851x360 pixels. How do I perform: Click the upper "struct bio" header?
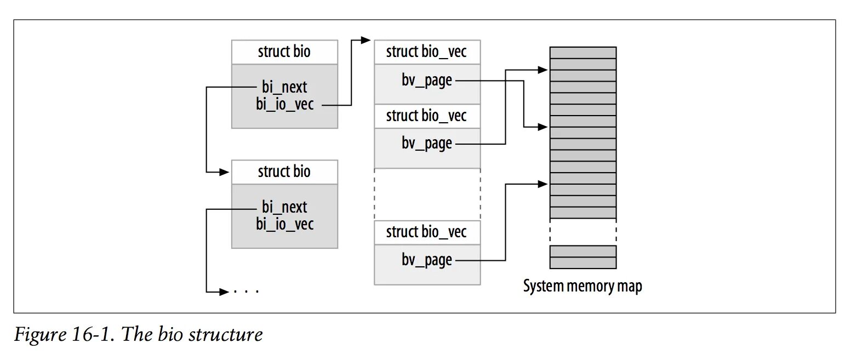pyautogui.click(x=284, y=52)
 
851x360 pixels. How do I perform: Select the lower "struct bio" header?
pyautogui.click(x=284, y=172)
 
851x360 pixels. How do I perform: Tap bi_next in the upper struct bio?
pyautogui.click(x=284, y=87)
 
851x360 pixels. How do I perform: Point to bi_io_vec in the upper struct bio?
pyautogui.click(x=285, y=104)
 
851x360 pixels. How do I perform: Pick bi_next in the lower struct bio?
pyautogui.click(x=284, y=207)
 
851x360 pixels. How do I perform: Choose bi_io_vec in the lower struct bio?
pyautogui.click(x=285, y=224)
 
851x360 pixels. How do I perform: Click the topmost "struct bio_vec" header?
pyautogui.click(x=427, y=52)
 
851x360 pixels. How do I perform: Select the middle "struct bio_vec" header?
pyautogui.click(x=427, y=116)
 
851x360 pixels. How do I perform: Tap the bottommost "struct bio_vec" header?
pyautogui.click(x=427, y=232)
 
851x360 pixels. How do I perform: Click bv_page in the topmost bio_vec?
pyautogui.click(x=427, y=81)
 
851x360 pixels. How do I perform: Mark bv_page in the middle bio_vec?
pyautogui.click(x=427, y=144)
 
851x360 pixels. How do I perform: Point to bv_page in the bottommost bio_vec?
pyautogui.click(x=427, y=260)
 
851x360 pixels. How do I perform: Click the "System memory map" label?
pyautogui.click(x=582, y=287)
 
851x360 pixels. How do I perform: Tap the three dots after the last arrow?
pyautogui.click(x=246, y=292)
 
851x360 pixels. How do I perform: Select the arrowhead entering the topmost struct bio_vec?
pyautogui.click(x=367, y=40)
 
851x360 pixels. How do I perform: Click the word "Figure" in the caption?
pyautogui.click(x=37, y=334)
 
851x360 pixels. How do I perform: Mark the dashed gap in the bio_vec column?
pyautogui.click(x=427, y=195)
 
